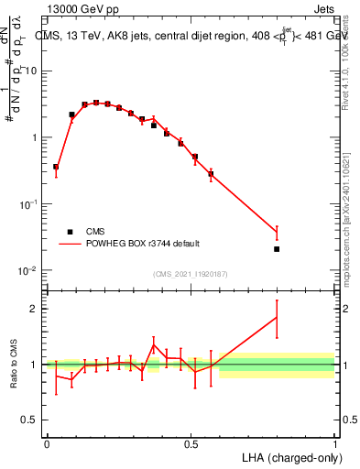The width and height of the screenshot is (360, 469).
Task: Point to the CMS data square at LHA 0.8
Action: pos(277,248)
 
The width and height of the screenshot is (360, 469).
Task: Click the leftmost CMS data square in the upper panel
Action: pos(56,167)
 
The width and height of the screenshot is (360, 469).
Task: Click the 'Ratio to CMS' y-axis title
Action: pos(14,365)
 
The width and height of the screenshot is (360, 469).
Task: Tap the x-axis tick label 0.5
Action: pos(191,443)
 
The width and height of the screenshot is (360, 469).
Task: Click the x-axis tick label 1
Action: pos(334,443)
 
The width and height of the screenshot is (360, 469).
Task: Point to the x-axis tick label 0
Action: pos(47,443)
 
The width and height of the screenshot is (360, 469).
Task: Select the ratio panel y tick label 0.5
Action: pos(30,420)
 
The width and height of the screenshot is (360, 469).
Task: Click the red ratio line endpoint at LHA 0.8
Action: pos(277,317)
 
